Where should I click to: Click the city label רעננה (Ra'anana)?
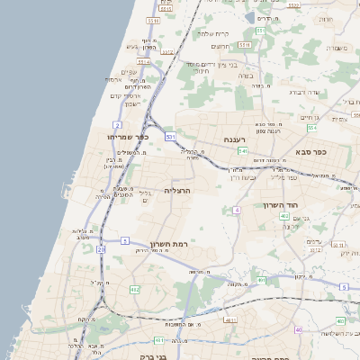(x=237, y=140)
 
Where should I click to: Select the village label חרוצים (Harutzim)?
(x=220, y=47)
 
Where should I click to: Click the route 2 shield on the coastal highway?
(x=117, y=124)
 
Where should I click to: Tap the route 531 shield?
(x=170, y=136)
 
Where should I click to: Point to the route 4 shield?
(x=237, y=210)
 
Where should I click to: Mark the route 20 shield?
(x=101, y=249)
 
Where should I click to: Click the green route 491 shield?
(x=261, y=280)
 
